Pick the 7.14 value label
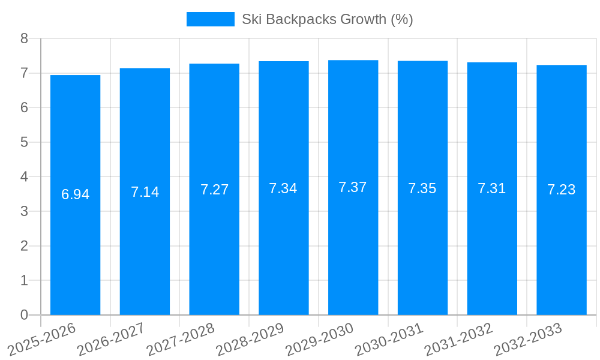(145, 192)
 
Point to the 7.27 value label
(214, 190)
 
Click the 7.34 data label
(283, 188)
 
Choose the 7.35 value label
(422, 188)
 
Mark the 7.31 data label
(492, 188)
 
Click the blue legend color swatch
(210, 19)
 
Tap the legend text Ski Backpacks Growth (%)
(327, 19)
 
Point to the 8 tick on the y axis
(24, 38)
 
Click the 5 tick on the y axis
(24, 142)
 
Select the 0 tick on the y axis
(24, 315)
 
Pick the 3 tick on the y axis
(24, 211)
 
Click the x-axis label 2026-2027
(112, 340)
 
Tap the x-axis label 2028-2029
(250, 340)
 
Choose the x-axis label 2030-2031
(389, 340)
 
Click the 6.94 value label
(75, 194)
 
